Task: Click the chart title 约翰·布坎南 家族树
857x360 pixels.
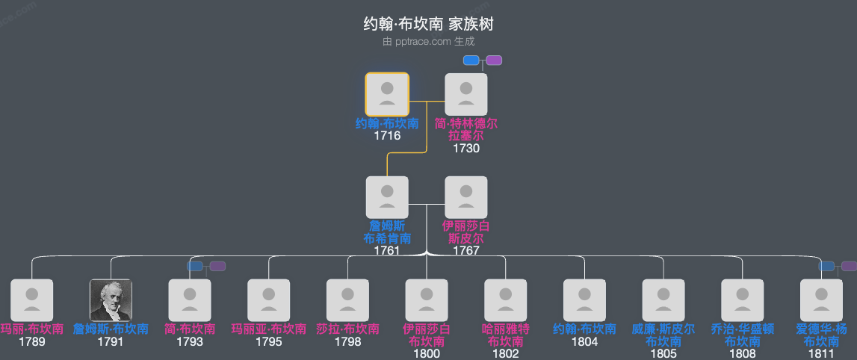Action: coord(428,25)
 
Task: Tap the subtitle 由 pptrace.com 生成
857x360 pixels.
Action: coord(428,42)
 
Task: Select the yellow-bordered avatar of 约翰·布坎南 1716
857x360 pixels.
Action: coord(387,94)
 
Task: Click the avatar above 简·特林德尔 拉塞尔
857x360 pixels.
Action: coord(466,94)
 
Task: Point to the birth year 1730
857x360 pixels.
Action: coord(466,148)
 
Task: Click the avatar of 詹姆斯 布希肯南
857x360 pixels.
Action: coord(387,197)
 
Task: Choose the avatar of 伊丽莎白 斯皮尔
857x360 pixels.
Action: coord(466,197)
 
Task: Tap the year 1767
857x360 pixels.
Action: coord(466,251)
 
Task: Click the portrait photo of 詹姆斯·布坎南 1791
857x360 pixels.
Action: coord(111,300)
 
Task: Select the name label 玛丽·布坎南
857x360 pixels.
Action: coord(32,329)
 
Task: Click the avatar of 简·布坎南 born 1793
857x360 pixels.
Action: coord(190,300)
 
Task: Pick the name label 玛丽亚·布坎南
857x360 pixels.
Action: coord(269,329)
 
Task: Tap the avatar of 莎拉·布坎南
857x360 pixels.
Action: coord(348,300)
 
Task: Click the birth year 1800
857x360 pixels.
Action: coord(427,353)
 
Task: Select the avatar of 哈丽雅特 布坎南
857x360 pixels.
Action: coord(506,300)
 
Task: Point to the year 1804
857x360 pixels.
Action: coord(585,342)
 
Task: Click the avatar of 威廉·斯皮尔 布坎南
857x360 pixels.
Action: coord(663,300)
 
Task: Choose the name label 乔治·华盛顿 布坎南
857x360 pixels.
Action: coord(743,335)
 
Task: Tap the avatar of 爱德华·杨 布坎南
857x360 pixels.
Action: coord(821,300)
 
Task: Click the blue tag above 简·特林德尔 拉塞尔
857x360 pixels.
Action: coord(471,60)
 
